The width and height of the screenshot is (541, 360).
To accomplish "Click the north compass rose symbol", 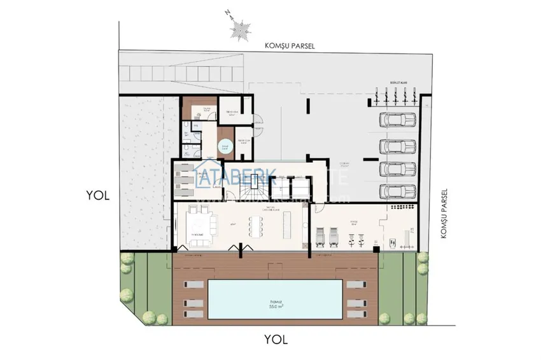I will [240, 28].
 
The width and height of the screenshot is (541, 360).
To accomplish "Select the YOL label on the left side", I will [98, 196].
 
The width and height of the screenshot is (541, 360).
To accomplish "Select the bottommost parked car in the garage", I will [398, 191].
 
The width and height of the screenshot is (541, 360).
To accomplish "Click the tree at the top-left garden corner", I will [127, 259].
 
